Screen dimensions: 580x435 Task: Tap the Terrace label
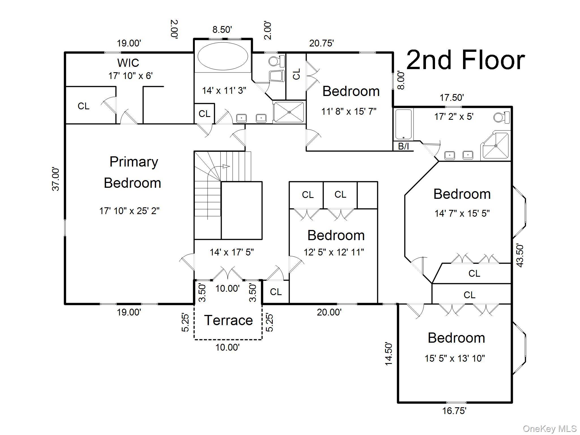[229, 320]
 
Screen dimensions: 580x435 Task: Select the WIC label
[128, 63]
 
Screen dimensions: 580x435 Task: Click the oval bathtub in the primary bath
[222, 56]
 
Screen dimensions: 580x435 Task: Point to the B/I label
[404, 146]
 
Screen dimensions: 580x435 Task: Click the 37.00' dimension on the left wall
[56, 179]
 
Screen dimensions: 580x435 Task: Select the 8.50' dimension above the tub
[222, 29]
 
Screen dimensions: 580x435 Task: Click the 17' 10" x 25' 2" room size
[129, 211]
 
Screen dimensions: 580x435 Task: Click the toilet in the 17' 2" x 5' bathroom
[502, 117]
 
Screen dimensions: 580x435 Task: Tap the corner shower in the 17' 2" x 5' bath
[496, 146]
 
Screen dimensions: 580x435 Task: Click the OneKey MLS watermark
[550, 429]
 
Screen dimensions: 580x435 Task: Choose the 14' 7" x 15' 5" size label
[462, 213]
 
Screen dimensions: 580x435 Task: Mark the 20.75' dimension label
[321, 43]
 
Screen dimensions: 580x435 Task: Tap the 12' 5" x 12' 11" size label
[334, 252]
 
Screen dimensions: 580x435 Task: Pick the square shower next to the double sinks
[289, 112]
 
